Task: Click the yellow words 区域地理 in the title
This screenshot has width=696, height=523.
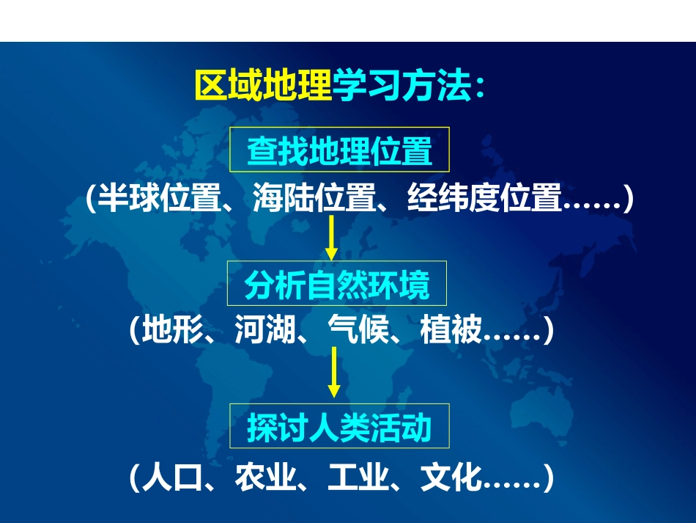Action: click(x=263, y=87)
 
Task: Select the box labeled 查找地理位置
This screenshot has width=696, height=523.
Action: click(x=339, y=151)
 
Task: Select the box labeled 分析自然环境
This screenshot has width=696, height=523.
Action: click(x=336, y=284)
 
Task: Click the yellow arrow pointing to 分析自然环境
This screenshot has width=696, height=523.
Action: click(x=331, y=238)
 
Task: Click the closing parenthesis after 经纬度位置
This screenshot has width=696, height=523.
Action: click(x=625, y=198)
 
